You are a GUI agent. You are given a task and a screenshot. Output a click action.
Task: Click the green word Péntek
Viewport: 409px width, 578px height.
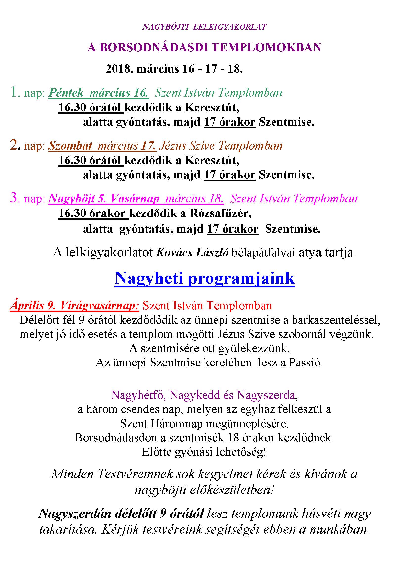click(66, 93)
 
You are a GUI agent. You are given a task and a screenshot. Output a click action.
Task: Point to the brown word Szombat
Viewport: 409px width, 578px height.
click(70, 146)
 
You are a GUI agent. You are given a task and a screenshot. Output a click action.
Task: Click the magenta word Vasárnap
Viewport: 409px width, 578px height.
click(135, 199)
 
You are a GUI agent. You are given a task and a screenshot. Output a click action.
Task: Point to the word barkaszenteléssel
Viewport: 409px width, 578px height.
click(336, 320)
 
